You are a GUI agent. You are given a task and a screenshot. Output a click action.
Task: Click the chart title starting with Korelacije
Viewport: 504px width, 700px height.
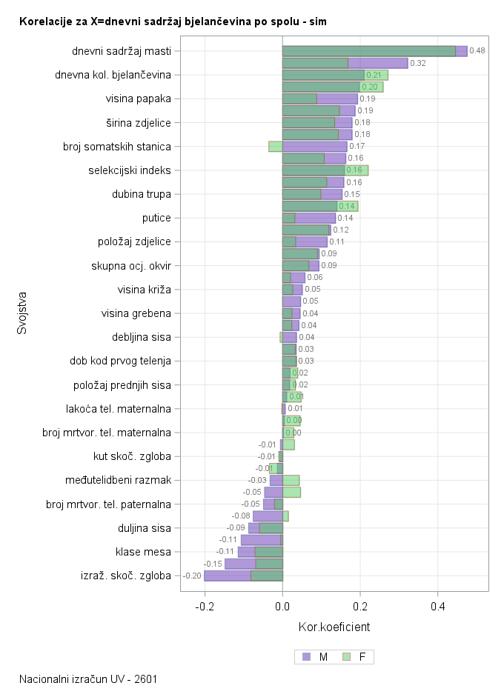pyautogui.click(x=173, y=22)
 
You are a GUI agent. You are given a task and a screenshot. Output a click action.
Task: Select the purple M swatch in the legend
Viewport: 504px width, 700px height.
pyautogui.click(x=307, y=657)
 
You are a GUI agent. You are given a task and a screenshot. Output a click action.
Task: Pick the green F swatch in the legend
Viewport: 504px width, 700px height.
pyautogui.click(x=346, y=657)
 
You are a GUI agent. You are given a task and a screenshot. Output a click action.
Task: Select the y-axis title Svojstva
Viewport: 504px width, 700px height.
pyautogui.click(x=22, y=313)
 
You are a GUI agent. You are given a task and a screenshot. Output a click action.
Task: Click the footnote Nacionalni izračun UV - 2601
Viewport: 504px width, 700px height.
pyautogui.click(x=88, y=679)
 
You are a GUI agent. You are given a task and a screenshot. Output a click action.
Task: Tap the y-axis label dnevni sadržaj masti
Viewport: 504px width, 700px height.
pyautogui.click(x=122, y=51)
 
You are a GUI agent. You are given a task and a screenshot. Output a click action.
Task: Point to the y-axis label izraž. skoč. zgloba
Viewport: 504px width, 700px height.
pyautogui.click(x=125, y=576)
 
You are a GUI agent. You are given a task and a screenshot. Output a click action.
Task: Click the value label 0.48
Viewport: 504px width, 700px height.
pyautogui.click(x=477, y=51)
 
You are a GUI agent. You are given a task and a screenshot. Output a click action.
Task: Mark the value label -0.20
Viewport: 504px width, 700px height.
pyautogui.click(x=192, y=576)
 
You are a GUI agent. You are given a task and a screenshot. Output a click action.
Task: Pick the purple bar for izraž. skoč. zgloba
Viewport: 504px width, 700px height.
pyautogui.click(x=227, y=576)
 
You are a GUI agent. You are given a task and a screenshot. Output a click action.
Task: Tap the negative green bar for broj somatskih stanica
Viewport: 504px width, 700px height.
pyautogui.click(x=275, y=147)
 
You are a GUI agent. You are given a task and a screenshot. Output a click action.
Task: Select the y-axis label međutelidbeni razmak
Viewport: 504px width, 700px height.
pyautogui.click(x=119, y=480)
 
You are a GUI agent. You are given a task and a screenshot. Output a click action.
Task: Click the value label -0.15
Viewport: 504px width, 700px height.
pyautogui.click(x=213, y=564)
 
